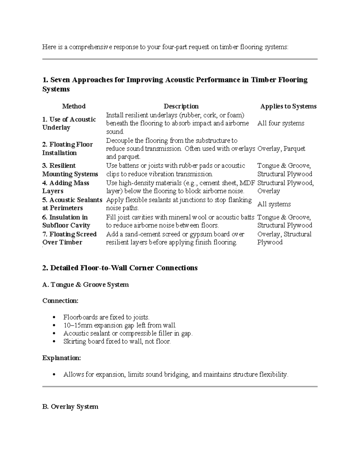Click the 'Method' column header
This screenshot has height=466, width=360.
pyautogui.click(x=74, y=106)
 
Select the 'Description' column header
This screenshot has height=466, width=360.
pyautogui.click(x=181, y=106)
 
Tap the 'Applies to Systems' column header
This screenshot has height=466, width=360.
pyautogui.click(x=288, y=106)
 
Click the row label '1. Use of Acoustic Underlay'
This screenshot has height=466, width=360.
pyautogui.click(x=69, y=123)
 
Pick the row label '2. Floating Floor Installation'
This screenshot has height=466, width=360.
pyautogui.click(x=67, y=149)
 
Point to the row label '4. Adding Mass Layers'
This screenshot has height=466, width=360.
pyautogui.click(x=66, y=187)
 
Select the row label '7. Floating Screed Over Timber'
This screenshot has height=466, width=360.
pyautogui.click(x=69, y=238)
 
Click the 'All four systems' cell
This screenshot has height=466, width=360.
pyautogui.click(x=281, y=123)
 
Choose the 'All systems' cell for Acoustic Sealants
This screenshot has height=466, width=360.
pyautogui.click(x=274, y=204)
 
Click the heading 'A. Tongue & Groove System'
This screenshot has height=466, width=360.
pyautogui.click(x=85, y=284)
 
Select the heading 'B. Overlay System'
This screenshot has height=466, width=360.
pyautogui.click(x=70, y=407)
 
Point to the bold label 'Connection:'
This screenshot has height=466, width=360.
pyautogui.click(x=60, y=301)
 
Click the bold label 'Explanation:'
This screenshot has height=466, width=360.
pyautogui.click(x=61, y=358)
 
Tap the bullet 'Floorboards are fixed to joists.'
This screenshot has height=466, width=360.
pyautogui.click(x=106, y=317)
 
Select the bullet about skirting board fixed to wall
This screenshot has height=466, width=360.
pyautogui.click(x=117, y=341)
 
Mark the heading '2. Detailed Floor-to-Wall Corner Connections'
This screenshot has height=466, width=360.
pyautogui.click(x=120, y=268)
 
